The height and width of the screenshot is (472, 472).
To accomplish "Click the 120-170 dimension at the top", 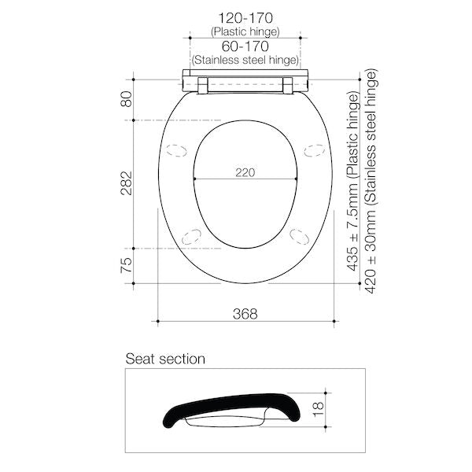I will click(x=245, y=17).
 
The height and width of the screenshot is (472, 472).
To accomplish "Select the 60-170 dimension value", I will click(x=245, y=46).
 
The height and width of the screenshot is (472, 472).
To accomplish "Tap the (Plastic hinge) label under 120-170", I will click(x=245, y=31).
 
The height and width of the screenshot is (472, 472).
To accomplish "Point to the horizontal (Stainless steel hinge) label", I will click(x=245, y=61).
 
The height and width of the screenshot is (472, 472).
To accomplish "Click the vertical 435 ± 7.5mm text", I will click(x=354, y=183).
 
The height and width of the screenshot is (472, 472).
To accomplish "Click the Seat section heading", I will click(x=165, y=360).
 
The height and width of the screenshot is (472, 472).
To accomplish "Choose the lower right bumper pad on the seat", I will click(x=300, y=234).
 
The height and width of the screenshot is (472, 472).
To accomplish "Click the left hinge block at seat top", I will click(x=204, y=85).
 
